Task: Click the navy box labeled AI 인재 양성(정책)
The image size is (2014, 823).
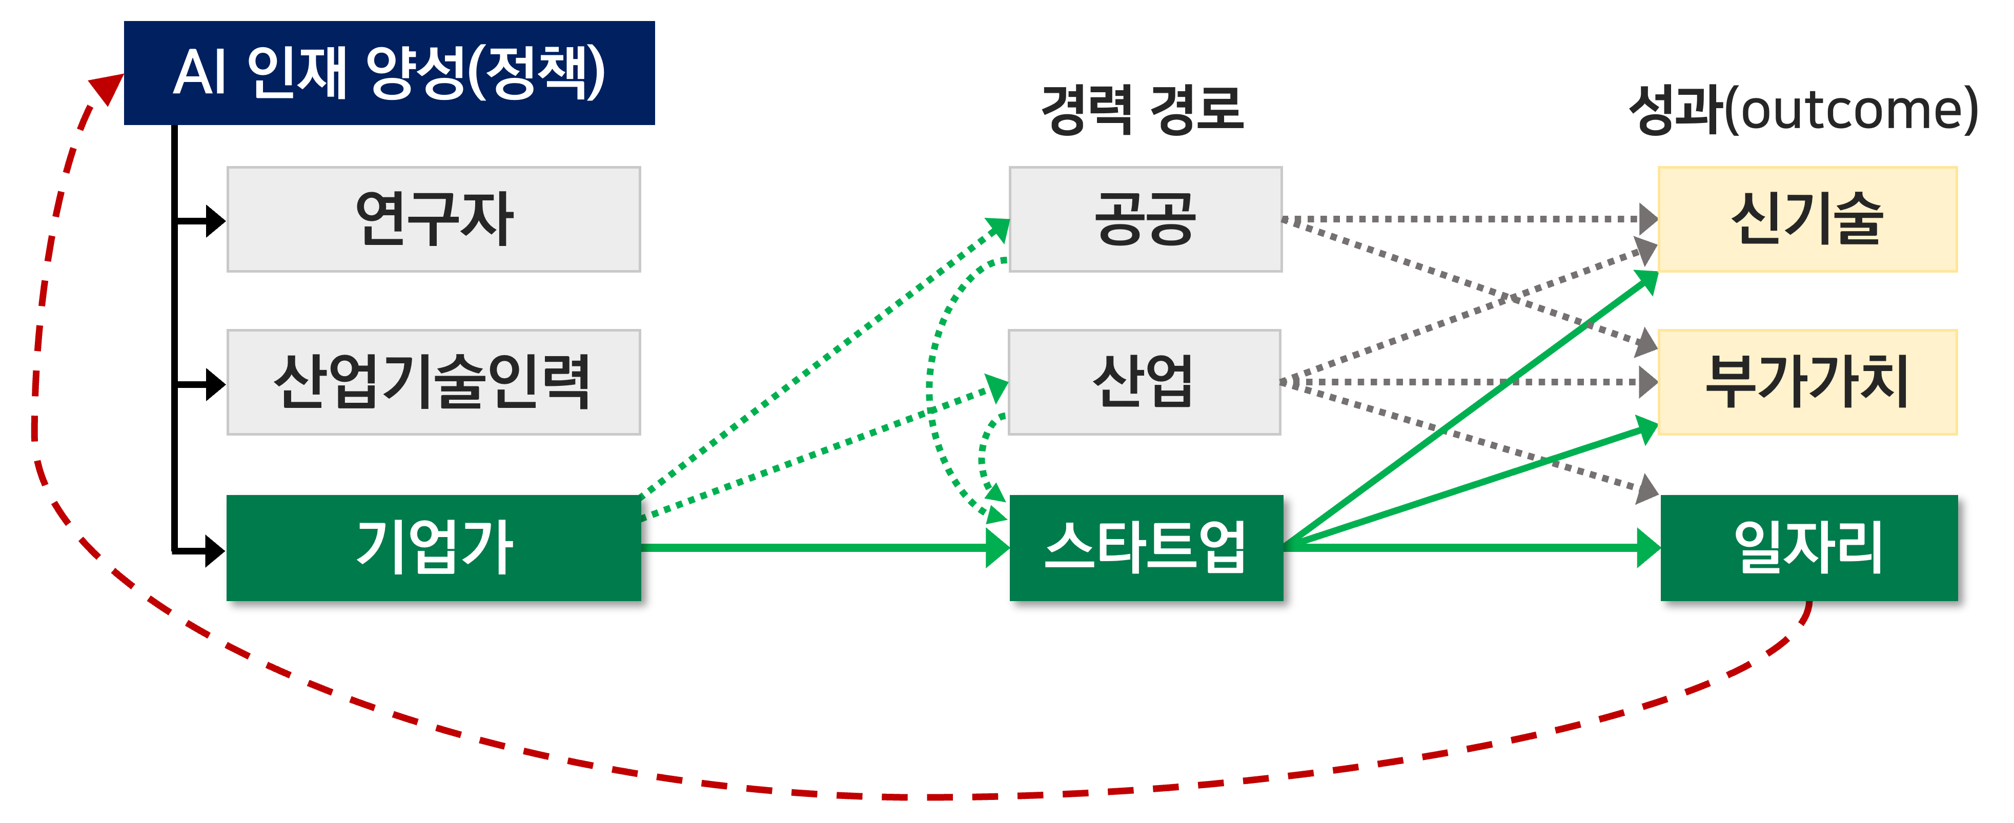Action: [389, 73]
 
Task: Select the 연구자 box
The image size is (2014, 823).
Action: [433, 219]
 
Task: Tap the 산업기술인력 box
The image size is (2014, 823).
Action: [433, 382]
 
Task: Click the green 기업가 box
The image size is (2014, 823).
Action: [433, 547]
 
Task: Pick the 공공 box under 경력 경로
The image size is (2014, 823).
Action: [1145, 219]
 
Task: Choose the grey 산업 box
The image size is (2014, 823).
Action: [1144, 382]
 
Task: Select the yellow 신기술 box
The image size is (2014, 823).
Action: [1807, 219]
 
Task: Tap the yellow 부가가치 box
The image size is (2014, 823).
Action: [1807, 382]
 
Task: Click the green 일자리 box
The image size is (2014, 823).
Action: [1808, 547]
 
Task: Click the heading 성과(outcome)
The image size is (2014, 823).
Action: [1803, 110]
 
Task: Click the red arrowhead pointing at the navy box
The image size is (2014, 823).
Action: [107, 88]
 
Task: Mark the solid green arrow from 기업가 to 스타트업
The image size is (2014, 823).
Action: [821, 547]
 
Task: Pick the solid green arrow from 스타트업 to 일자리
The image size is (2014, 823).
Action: [1470, 547]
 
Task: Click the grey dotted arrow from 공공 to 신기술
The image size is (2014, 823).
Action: [1462, 219]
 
